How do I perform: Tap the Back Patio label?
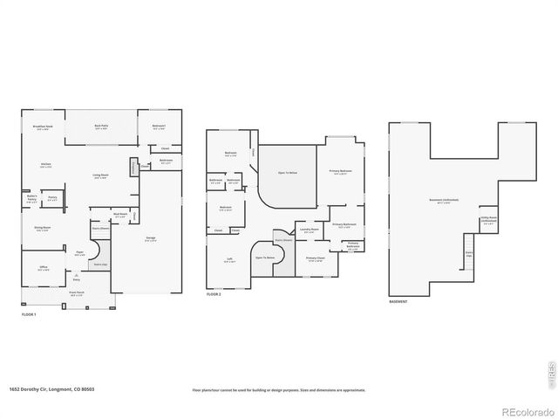coord(101,127)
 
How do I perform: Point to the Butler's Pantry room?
coord(32,199)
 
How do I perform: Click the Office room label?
coord(43,269)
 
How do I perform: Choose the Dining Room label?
coord(41,230)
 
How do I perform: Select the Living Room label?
coord(100,176)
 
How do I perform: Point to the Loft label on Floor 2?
coord(228,260)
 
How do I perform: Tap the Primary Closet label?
coord(315,258)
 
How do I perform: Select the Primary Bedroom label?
coord(340,172)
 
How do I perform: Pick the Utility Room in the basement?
coord(487,221)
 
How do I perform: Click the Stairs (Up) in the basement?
coord(468,255)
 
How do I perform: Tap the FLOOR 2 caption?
coord(214,295)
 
